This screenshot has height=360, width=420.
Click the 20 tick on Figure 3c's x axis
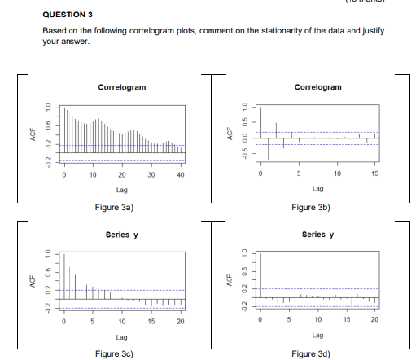tap(180, 323)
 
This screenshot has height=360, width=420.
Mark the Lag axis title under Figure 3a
tap(122, 189)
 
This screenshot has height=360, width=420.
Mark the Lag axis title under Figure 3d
tap(317, 335)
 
